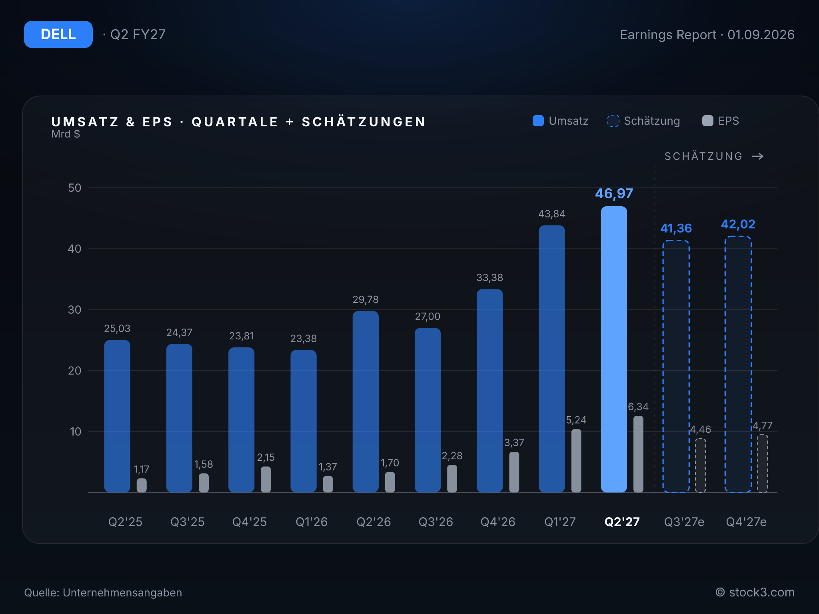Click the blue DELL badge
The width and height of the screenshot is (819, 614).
58,34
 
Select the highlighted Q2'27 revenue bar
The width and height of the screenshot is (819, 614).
614,349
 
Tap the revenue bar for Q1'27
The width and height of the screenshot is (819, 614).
552,359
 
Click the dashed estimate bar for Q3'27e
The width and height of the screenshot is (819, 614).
676,366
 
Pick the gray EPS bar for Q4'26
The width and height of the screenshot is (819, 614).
514,472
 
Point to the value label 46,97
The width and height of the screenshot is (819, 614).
614,193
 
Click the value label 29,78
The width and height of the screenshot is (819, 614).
366,299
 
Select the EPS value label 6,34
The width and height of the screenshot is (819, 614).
638,407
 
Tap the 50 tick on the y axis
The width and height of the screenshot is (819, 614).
75,188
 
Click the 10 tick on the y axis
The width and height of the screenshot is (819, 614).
76,432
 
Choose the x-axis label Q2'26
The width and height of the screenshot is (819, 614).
374,522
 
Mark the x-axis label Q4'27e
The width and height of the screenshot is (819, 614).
746,522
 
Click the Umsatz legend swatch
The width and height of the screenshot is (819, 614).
538,121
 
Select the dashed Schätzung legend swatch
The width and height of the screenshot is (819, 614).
613,121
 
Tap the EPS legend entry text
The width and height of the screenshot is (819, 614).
729,121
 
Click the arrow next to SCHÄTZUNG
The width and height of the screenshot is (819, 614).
758,156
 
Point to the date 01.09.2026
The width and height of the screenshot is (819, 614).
761,35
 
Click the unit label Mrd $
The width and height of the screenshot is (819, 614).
66,134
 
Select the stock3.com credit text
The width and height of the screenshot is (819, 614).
762,592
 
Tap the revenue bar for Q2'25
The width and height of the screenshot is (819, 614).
117,416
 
